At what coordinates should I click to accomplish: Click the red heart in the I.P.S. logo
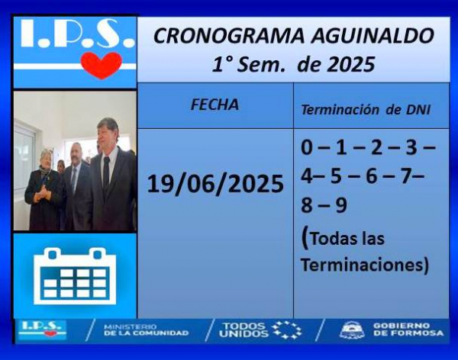click(102, 65)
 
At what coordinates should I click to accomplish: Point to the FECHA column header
click(214, 104)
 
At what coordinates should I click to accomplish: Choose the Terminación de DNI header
click(366, 110)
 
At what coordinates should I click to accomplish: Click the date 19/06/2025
click(215, 184)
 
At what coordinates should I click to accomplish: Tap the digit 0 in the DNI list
click(307, 147)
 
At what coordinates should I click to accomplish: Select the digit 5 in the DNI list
click(336, 176)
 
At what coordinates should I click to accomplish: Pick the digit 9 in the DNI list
click(341, 205)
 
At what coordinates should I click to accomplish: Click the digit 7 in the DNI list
click(406, 176)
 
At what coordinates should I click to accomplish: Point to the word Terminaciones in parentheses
click(362, 265)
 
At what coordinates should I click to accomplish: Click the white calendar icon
click(75, 276)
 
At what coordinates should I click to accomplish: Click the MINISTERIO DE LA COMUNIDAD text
click(146, 330)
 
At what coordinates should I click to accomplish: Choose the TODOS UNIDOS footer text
click(244, 330)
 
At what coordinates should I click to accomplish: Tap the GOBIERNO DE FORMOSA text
click(408, 329)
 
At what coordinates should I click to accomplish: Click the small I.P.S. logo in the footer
click(42, 329)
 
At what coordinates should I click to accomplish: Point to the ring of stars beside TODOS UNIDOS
click(287, 330)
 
